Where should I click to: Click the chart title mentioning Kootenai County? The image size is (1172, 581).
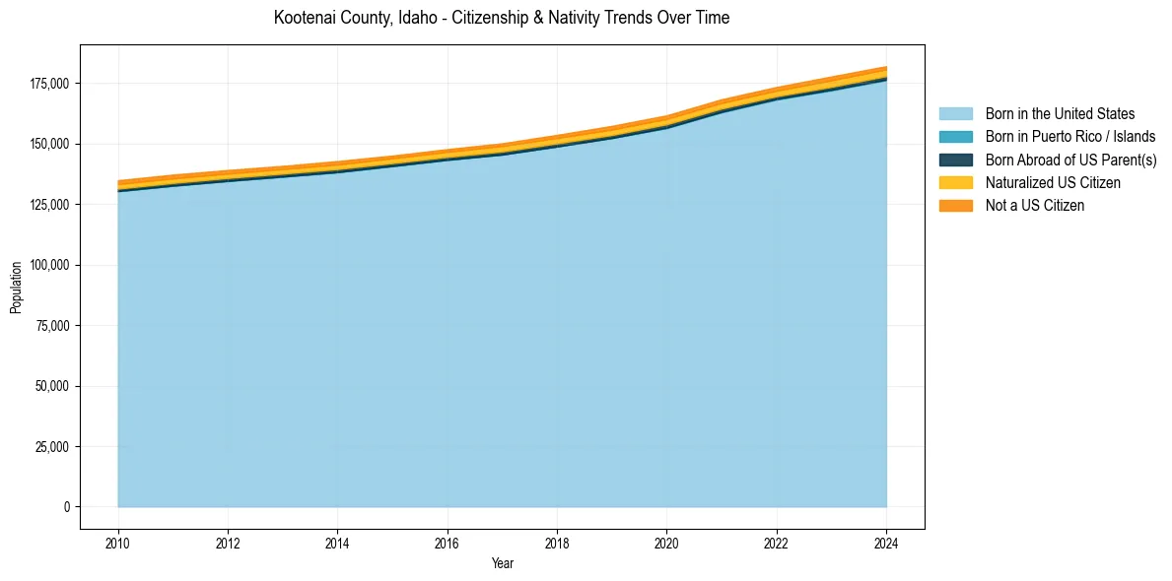click(502, 18)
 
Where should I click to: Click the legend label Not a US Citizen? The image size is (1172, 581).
click(1035, 205)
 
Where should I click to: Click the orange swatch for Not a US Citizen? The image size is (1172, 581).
click(955, 205)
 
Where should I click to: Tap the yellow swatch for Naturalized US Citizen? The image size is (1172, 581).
click(955, 182)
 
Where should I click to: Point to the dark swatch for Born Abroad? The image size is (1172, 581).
click(955, 160)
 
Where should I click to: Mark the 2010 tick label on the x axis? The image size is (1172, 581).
click(117, 542)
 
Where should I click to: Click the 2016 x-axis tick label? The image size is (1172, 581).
click(448, 542)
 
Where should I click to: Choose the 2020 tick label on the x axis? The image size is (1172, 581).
click(666, 542)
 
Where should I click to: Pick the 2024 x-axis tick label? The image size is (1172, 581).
click(886, 542)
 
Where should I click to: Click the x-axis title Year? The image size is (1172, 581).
click(502, 563)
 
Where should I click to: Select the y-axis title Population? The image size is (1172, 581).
click(16, 288)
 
